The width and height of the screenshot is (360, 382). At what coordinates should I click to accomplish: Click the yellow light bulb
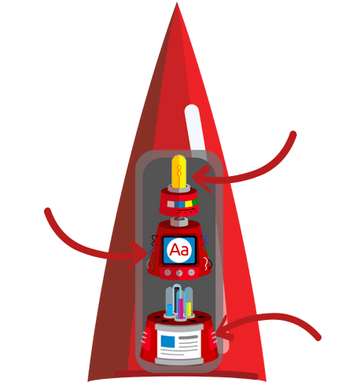tap(179, 171)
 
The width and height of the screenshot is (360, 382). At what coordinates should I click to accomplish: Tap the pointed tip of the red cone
tap(177, 3)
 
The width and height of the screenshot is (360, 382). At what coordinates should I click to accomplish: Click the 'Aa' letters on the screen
tap(179, 250)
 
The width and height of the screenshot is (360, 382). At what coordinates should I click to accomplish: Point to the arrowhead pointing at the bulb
tap(202, 179)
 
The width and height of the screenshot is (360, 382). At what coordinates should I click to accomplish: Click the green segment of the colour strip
tap(195, 202)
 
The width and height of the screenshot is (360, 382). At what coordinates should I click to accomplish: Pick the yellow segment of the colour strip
tap(189, 204)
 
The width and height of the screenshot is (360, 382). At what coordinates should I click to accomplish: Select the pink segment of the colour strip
tap(171, 204)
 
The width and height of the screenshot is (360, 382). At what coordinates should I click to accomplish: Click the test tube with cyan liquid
tap(170, 302)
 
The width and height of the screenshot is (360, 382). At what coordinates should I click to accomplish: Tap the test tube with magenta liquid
tap(180, 304)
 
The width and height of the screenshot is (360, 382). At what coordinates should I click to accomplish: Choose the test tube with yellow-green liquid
tap(189, 302)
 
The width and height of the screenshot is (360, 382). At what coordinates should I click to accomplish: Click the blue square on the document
tap(167, 342)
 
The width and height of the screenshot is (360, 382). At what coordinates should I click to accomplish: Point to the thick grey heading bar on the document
tap(188, 337)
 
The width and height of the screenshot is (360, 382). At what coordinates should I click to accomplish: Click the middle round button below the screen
tap(179, 273)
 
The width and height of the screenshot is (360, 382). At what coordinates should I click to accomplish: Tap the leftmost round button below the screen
tap(167, 273)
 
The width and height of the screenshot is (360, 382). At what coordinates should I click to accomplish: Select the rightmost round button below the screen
tap(191, 272)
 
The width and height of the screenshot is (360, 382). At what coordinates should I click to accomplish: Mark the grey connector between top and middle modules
tap(179, 221)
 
